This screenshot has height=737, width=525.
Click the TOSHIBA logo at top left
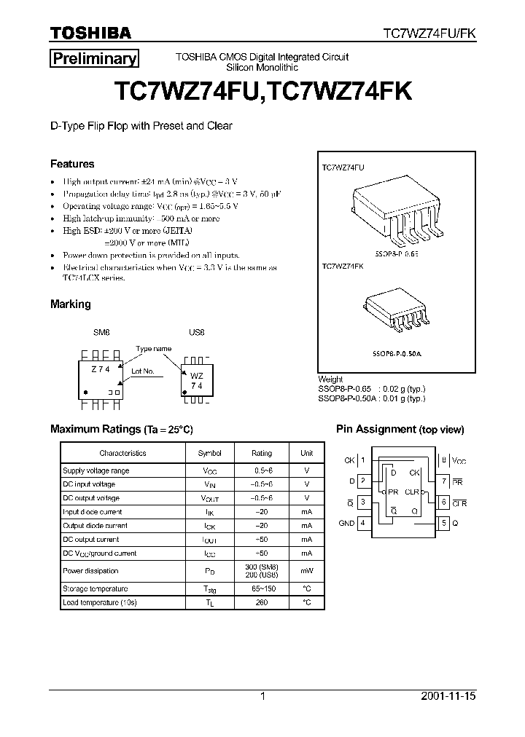coord(90,33)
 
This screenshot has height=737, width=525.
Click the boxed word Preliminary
coord(93,59)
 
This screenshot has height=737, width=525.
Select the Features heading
coord(72,164)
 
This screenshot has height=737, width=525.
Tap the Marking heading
coord(70,304)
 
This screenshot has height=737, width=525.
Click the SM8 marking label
coord(101,331)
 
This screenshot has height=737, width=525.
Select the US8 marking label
coord(197,331)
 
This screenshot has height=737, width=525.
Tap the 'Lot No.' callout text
coord(142,371)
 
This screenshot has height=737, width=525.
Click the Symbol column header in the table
coord(209,453)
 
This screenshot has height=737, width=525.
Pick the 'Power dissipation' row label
coord(90,571)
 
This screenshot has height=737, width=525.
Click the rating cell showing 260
coord(262,602)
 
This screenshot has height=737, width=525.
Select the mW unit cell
coord(306,571)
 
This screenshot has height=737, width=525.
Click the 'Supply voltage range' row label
coord(96,471)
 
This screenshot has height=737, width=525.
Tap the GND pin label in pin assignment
coord(346,523)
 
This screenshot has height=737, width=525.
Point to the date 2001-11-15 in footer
coord(448,696)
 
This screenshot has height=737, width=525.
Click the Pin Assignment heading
coord(400,430)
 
